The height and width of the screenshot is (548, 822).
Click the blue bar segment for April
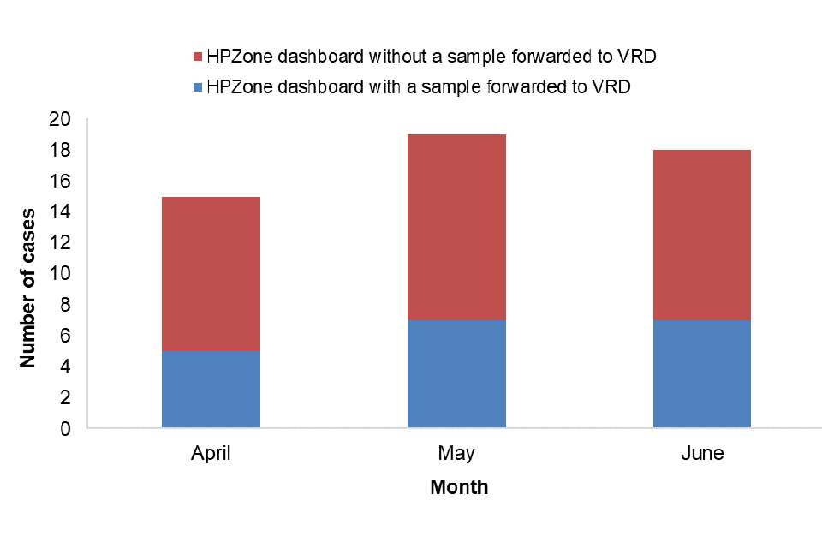tap(211, 389)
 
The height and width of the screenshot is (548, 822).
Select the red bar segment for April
tap(211, 273)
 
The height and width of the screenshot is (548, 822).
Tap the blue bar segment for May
tap(456, 373)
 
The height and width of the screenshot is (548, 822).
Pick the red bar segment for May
tap(456, 227)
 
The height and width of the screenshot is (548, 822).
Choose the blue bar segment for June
tap(702, 373)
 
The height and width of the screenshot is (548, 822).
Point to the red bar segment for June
tap(702, 235)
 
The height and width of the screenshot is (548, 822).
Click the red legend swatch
tap(199, 57)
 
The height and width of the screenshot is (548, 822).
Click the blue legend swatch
tap(199, 86)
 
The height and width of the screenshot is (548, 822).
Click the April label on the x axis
tap(211, 453)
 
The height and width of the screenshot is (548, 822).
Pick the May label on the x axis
tap(456, 453)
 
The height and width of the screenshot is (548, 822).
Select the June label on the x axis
tap(702, 453)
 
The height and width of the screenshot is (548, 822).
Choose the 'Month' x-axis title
tap(459, 488)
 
